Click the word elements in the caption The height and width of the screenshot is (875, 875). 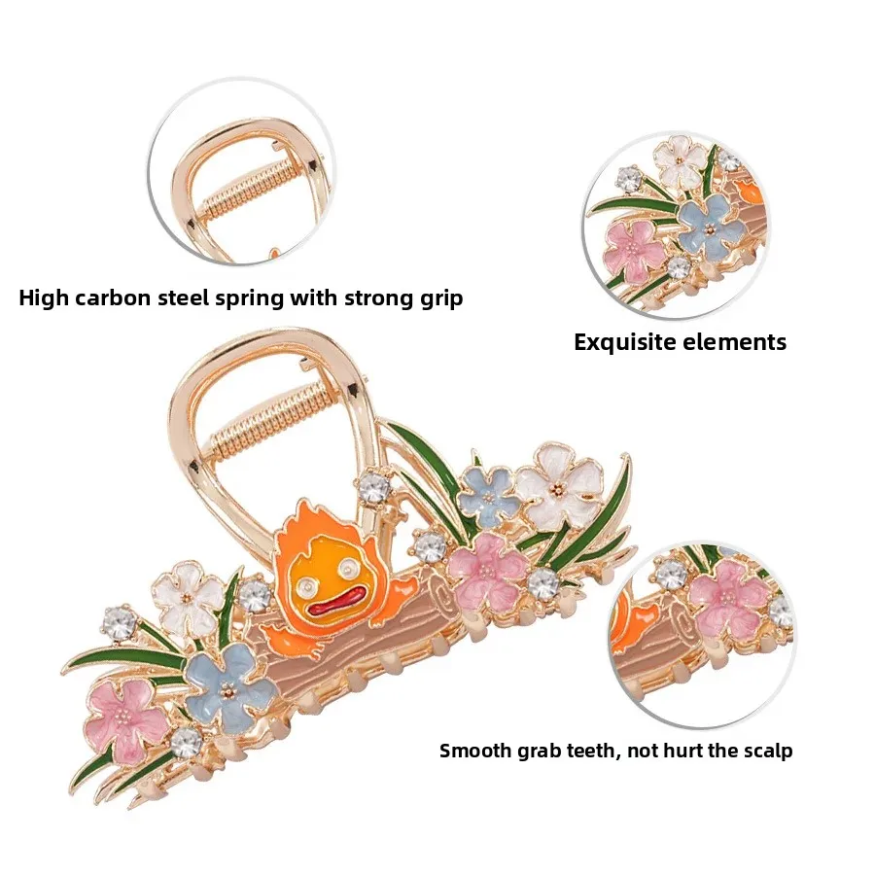point(743,342)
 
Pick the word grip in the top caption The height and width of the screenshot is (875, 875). point(437,297)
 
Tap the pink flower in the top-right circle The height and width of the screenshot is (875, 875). point(634,247)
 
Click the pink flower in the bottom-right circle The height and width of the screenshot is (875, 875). point(728,594)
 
